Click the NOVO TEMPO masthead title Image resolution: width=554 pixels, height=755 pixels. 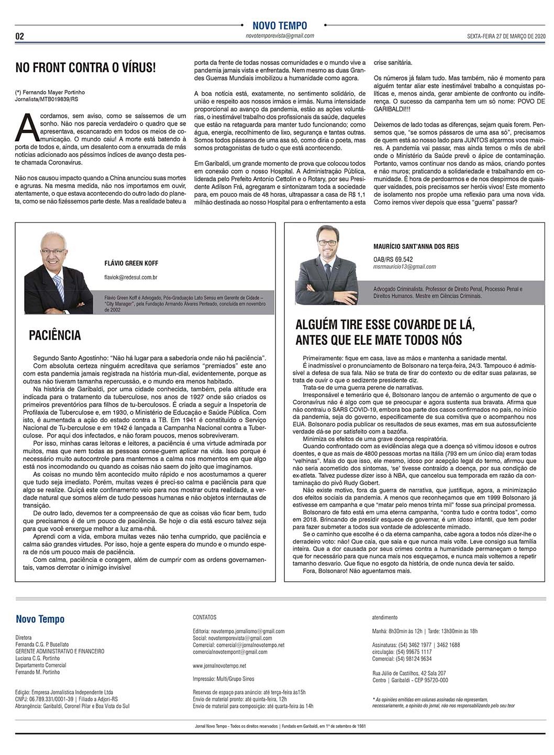280,26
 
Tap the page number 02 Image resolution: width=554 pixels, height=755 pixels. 20,37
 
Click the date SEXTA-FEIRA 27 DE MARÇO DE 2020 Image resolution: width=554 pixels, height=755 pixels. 506,37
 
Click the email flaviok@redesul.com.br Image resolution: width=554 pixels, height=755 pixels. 131,277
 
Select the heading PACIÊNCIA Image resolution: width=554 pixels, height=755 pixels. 56,335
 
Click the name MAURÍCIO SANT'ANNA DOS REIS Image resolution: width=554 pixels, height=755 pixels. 416,246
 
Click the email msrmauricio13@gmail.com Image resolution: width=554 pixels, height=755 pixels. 405,266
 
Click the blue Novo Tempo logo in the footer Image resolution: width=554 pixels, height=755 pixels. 40,619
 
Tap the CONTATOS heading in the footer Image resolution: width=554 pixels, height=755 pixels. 205,617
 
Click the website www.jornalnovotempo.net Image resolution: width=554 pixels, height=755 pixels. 219,666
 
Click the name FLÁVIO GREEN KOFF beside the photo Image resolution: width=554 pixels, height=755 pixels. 131,263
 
